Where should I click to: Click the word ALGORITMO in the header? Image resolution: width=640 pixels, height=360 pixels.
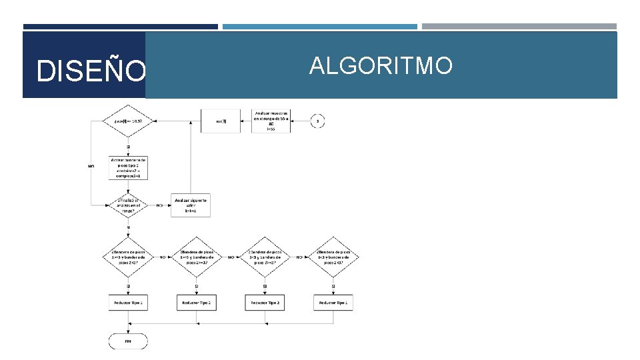(381, 66)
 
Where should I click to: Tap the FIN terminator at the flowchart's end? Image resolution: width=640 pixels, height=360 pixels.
(128, 341)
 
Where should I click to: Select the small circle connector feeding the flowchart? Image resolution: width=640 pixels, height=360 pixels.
(318, 121)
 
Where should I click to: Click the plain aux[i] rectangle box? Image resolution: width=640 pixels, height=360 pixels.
(220, 121)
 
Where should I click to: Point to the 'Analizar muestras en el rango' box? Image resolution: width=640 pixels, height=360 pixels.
(271, 121)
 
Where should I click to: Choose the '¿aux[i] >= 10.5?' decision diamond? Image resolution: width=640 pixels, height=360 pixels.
(128, 121)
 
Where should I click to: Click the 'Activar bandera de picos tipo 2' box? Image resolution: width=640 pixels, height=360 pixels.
(128, 168)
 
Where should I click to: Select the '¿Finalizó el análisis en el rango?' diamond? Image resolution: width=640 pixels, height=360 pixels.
(128, 205)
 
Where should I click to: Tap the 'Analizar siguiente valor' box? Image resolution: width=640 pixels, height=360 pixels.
(191, 205)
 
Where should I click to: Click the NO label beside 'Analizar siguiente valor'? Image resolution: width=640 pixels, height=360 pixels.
(159, 205)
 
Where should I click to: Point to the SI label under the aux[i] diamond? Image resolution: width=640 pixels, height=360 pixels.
(128, 147)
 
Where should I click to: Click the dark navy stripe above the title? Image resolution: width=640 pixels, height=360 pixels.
(120, 27)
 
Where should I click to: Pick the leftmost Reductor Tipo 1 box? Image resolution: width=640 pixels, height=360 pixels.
(128, 303)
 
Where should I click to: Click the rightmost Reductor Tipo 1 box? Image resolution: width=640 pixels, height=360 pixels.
(333, 303)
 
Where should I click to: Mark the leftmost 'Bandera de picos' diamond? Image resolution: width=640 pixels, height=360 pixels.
(128, 257)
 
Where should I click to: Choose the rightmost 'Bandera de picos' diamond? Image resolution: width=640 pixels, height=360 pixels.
(333, 257)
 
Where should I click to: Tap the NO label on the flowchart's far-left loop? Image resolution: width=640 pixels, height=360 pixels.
(91, 166)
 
